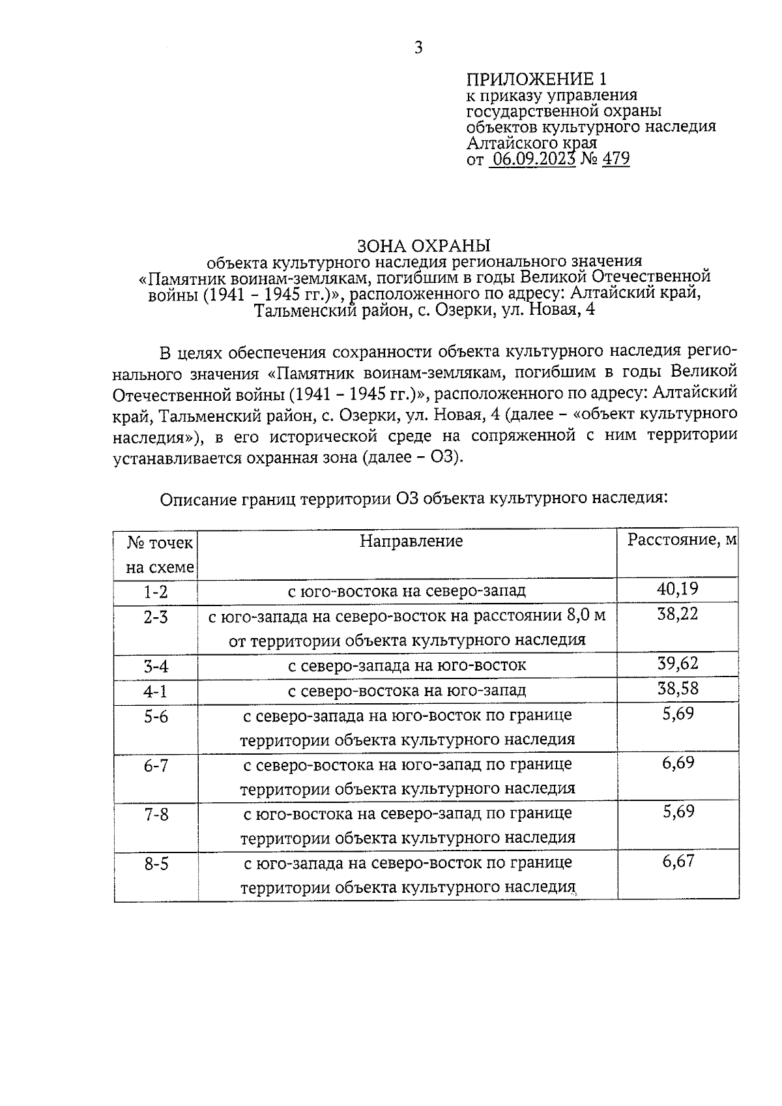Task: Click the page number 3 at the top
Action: [x=418, y=48]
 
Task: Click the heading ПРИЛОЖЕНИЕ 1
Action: [x=536, y=80]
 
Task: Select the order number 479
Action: [x=616, y=159]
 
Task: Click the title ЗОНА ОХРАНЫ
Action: [x=423, y=246]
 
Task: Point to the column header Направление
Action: [x=411, y=541]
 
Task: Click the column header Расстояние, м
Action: [x=682, y=540]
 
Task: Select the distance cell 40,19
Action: [x=678, y=589]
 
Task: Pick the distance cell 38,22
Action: [x=678, y=614]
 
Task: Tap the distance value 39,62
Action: [x=678, y=663]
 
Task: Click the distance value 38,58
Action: [x=678, y=688]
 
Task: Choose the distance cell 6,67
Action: [x=678, y=862]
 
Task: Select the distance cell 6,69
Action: [x=678, y=763]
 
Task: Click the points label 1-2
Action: [x=156, y=592]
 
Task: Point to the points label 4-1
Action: [x=156, y=691]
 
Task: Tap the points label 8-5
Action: [x=156, y=864]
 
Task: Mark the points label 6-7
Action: [x=156, y=765]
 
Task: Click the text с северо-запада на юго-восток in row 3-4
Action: [x=407, y=665]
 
